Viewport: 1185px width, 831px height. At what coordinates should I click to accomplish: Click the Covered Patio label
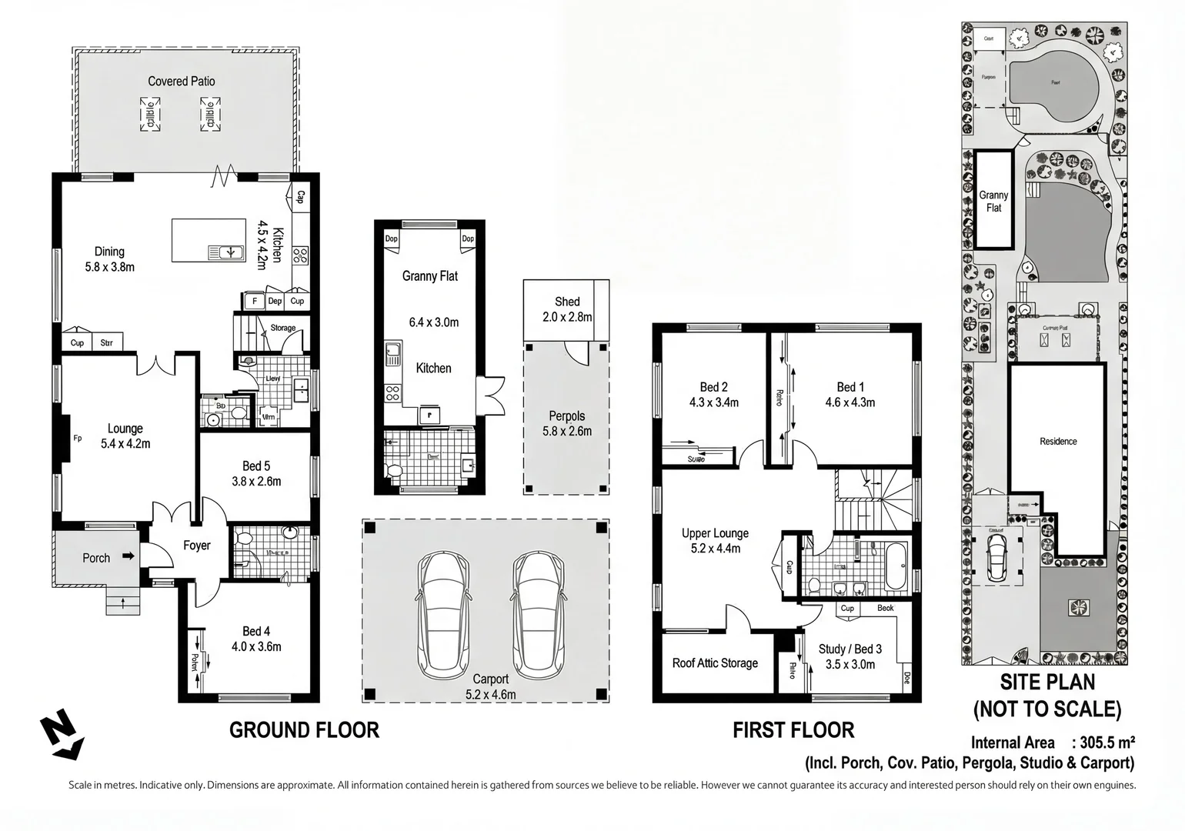[x=182, y=82]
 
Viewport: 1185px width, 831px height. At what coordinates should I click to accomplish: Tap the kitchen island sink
[x=226, y=252]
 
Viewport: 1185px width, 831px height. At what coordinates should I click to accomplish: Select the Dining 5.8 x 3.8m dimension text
[x=109, y=267]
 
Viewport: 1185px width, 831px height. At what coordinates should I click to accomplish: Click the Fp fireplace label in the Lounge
[x=78, y=439]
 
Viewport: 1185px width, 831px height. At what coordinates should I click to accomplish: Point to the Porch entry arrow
[x=129, y=556]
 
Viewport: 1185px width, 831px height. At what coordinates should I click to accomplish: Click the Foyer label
[x=196, y=546]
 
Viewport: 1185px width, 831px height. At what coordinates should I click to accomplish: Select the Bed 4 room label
[x=256, y=631]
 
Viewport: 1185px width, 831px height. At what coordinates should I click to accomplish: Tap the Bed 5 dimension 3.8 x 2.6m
[x=256, y=482]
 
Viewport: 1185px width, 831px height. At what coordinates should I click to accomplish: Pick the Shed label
[x=567, y=302]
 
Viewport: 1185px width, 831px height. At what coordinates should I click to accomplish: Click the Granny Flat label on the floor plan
[x=429, y=275]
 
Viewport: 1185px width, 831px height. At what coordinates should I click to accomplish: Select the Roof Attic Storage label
[x=715, y=663]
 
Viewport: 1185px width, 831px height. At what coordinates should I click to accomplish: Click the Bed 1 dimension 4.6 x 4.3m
[x=850, y=402]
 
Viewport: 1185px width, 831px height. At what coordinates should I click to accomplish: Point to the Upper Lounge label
[x=715, y=533]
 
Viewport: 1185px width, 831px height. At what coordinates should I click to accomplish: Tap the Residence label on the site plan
[x=1058, y=442]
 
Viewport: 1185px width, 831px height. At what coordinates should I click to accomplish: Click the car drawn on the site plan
[x=996, y=555]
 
